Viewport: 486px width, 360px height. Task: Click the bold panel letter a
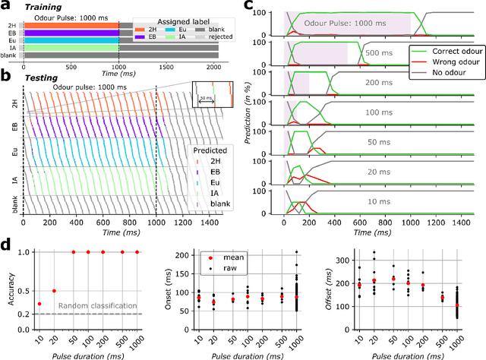click(6, 7)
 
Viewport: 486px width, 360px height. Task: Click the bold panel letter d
click(6, 245)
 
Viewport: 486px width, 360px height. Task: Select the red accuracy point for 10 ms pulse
click(39, 304)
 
